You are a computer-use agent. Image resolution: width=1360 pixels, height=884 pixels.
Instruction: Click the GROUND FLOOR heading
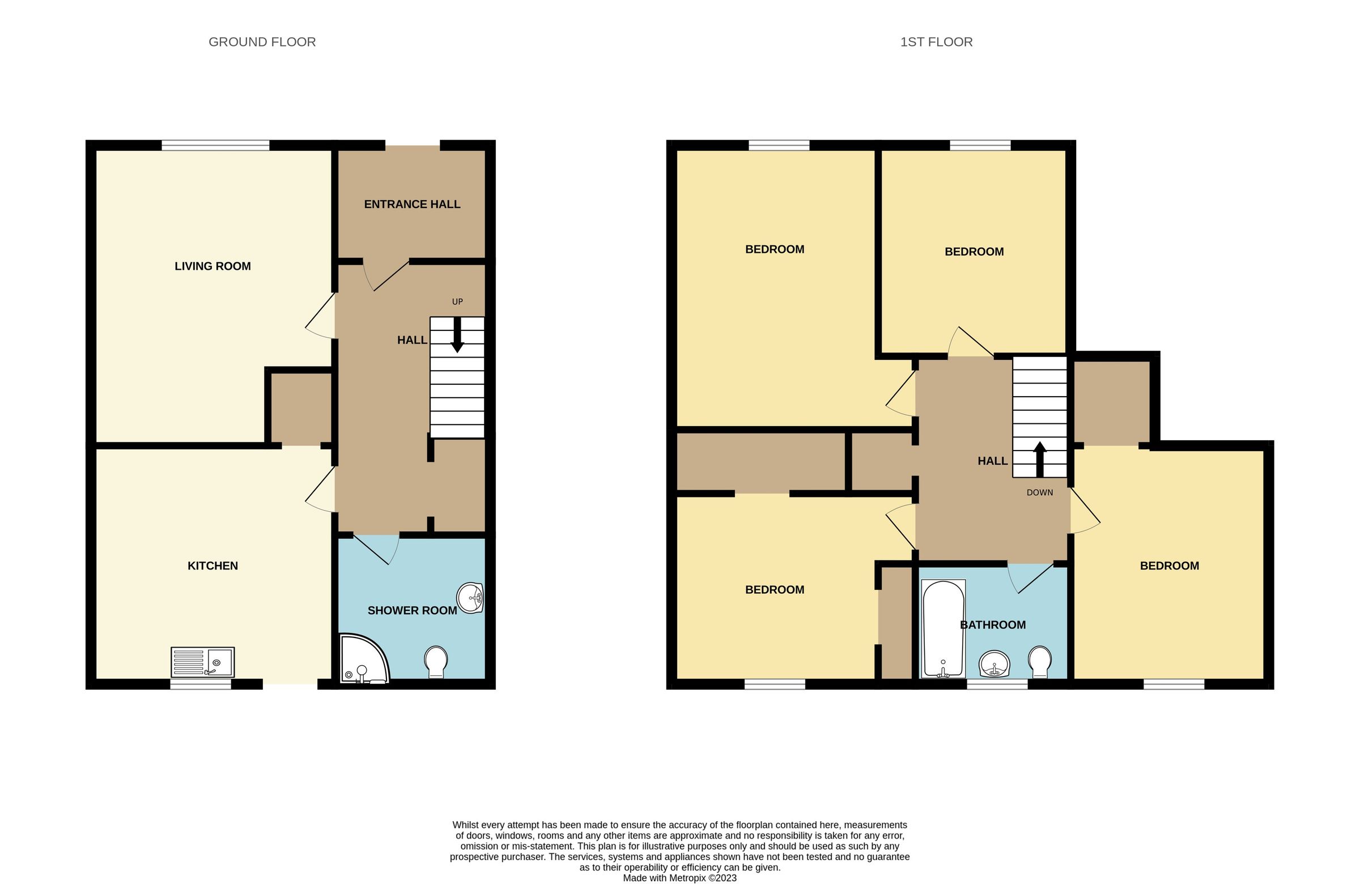click(262, 42)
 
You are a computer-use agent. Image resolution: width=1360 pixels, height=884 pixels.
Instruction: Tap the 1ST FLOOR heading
click(936, 42)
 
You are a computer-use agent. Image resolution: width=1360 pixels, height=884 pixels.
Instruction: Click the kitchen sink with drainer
click(202, 662)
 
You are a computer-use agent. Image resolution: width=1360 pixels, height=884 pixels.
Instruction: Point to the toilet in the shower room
click(436, 662)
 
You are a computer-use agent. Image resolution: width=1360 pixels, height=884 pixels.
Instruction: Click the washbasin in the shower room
click(470, 598)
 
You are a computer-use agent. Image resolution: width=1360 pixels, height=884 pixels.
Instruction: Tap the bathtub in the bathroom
click(943, 628)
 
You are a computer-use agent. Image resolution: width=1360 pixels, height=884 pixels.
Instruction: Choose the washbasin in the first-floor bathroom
click(994, 665)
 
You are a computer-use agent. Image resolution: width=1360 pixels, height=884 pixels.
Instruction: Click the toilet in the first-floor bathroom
click(1039, 662)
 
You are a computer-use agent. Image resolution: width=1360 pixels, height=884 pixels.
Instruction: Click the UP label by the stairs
click(457, 301)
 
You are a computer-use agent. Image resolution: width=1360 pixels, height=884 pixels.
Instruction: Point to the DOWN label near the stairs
click(1039, 492)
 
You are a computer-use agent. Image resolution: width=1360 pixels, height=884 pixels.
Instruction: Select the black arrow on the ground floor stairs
click(457, 335)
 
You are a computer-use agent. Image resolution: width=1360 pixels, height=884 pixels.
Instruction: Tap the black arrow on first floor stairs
click(1040, 459)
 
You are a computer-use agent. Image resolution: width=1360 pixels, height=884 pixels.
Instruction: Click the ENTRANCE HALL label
click(412, 204)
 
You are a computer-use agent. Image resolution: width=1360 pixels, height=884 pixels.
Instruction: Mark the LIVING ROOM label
click(212, 266)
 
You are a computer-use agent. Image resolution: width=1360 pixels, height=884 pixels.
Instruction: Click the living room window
click(215, 145)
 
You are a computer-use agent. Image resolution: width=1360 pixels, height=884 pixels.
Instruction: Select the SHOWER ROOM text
click(412, 610)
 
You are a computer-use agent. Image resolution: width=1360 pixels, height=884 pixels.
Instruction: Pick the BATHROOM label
click(993, 624)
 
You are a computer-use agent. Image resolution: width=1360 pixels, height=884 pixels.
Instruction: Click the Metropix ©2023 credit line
click(679, 878)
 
